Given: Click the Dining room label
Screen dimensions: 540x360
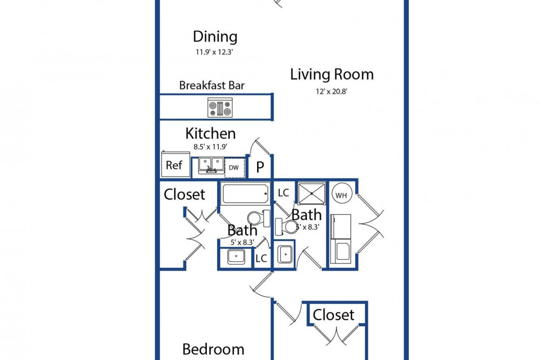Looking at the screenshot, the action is pyautogui.click(x=215, y=37).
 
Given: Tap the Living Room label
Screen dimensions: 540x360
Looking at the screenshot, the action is pyautogui.click(x=332, y=74).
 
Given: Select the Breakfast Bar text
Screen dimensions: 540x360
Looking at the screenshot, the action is pyautogui.click(x=212, y=85).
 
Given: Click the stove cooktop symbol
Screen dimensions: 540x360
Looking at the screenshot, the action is pyautogui.click(x=220, y=107).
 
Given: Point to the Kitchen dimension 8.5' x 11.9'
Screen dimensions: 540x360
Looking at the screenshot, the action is pyautogui.click(x=210, y=147).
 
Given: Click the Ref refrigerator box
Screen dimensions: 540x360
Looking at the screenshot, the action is pyautogui.click(x=175, y=165).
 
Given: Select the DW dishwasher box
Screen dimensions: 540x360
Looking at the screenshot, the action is pyautogui.click(x=234, y=168).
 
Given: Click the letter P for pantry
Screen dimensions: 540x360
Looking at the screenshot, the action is pyautogui.click(x=260, y=167).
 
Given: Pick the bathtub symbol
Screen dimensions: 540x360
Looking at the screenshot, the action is pyautogui.click(x=245, y=194).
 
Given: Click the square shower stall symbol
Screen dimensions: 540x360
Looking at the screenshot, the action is pyautogui.click(x=312, y=194).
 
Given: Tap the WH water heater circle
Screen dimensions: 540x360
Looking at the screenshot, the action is pyautogui.click(x=341, y=195).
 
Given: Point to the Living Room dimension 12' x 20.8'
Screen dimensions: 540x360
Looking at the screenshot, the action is pyautogui.click(x=332, y=92).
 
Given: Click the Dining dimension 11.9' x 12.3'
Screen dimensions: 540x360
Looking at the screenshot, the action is pyautogui.click(x=214, y=52).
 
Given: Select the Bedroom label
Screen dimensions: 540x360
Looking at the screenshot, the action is pyautogui.click(x=213, y=349).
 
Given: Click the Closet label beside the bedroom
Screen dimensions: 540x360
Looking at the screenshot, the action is pyautogui.click(x=333, y=315).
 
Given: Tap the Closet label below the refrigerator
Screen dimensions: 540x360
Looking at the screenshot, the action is pyautogui.click(x=184, y=194).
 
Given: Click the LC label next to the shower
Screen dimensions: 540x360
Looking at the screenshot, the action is pyautogui.click(x=283, y=193).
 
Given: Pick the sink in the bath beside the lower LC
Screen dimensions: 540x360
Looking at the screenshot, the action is pyautogui.click(x=236, y=256).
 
